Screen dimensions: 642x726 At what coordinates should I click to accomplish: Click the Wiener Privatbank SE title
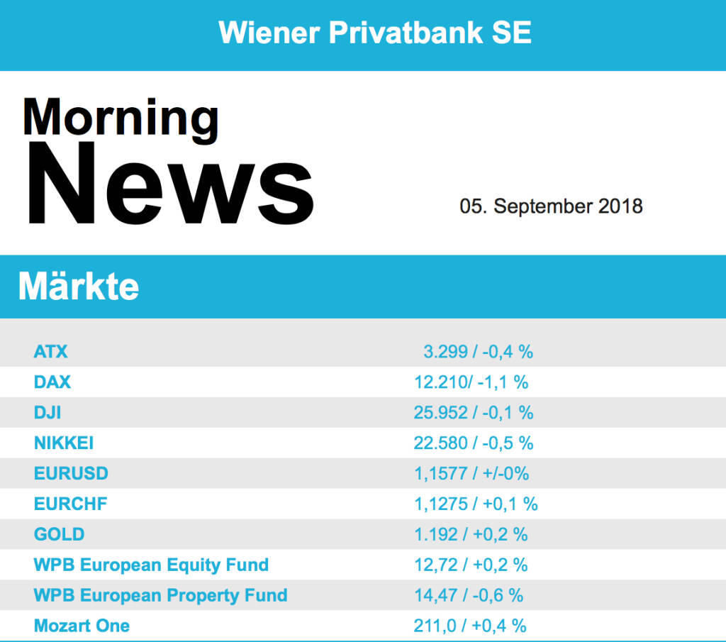pyautogui.click(x=375, y=33)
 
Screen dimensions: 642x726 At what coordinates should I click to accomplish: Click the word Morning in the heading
pyautogui.click(x=121, y=117)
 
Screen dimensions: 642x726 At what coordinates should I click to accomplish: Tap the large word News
pyautogui.click(x=170, y=184)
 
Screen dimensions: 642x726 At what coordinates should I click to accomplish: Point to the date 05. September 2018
pyautogui.click(x=551, y=206)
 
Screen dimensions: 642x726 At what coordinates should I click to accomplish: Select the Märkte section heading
pyautogui.click(x=79, y=287)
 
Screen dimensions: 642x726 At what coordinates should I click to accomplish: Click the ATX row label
pyautogui.click(x=51, y=351)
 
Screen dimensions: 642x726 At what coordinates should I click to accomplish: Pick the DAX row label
pyautogui.click(x=52, y=382)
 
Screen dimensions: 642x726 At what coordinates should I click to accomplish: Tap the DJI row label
pyautogui.click(x=48, y=412)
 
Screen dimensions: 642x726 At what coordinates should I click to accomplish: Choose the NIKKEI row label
pyautogui.click(x=64, y=443)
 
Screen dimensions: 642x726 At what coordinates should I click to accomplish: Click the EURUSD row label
pyautogui.click(x=71, y=473)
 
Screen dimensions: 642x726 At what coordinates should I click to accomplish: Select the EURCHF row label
pyautogui.click(x=71, y=504)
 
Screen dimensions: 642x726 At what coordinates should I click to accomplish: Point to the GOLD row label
pyautogui.click(x=59, y=534)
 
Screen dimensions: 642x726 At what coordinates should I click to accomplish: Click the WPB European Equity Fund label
pyautogui.click(x=151, y=565)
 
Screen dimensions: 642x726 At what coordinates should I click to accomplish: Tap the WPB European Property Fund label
pyautogui.click(x=160, y=595)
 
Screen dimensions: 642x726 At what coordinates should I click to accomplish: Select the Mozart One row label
pyautogui.click(x=82, y=626)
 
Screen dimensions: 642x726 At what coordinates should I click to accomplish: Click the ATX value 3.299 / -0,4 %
pyautogui.click(x=478, y=351)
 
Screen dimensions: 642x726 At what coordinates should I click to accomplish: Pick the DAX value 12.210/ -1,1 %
pyautogui.click(x=471, y=382)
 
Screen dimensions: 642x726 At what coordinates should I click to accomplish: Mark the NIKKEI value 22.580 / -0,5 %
pyautogui.click(x=473, y=443)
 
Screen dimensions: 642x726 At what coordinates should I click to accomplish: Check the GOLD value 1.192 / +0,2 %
pyautogui.click(x=471, y=534)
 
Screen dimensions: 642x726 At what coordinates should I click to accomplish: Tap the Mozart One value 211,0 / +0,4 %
pyautogui.click(x=470, y=626)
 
